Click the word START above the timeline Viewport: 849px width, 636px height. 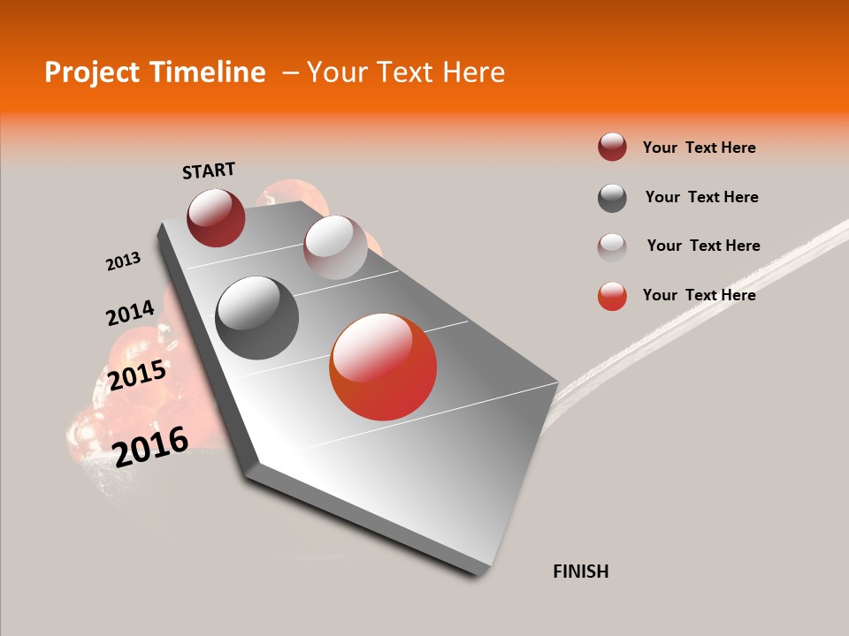209,170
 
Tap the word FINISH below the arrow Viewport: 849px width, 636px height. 581,572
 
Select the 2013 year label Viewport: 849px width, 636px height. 123,261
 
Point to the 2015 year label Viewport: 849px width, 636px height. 137,375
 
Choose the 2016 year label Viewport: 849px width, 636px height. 151,446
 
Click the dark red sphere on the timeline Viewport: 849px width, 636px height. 216,217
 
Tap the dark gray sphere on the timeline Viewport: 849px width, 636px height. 256,318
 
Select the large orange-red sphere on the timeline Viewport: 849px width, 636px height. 383,367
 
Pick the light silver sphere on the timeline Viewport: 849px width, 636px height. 335,247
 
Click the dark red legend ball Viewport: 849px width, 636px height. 612,147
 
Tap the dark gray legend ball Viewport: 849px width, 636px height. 612,198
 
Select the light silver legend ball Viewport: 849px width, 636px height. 612,247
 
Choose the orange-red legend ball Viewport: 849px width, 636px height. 612,296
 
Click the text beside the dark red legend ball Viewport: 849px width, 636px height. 699,148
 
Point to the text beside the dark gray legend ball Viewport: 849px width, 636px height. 701,197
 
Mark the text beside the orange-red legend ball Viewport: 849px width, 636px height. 699,295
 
